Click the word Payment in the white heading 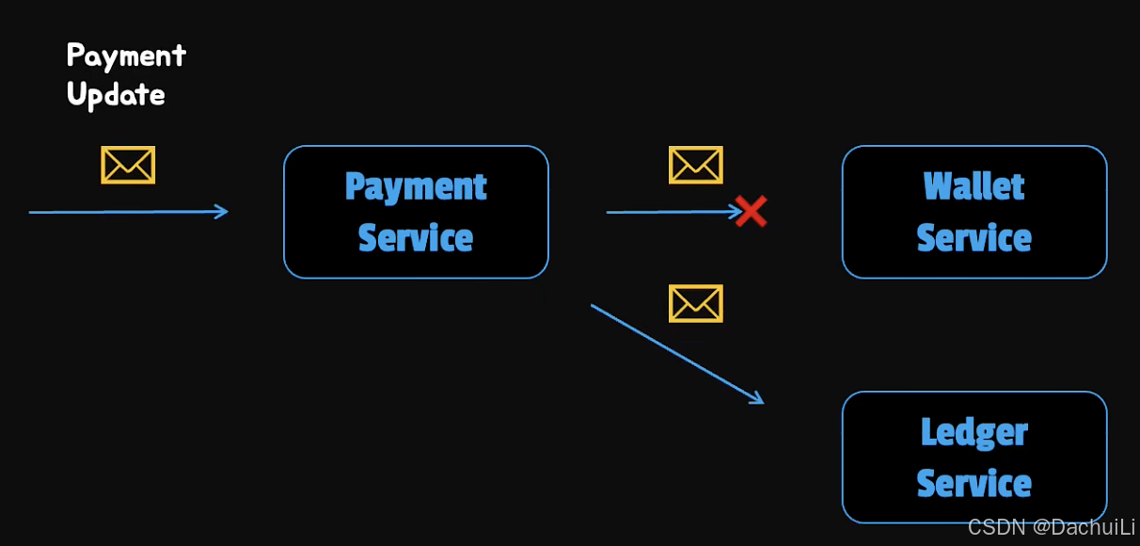click(x=126, y=56)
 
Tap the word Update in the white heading click(x=116, y=95)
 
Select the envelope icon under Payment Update click(x=128, y=166)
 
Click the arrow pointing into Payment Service click(x=128, y=212)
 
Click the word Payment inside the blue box click(x=416, y=187)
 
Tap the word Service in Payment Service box click(x=416, y=237)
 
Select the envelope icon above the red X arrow click(x=695, y=166)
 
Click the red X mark click(x=751, y=212)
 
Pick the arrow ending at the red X click(x=668, y=212)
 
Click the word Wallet click(x=974, y=186)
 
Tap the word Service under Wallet click(x=974, y=237)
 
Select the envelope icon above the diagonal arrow click(x=695, y=304)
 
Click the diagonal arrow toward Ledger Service click(x=673, y=351)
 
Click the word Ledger click(x=974, y=433)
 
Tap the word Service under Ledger click(x=974, y=484)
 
